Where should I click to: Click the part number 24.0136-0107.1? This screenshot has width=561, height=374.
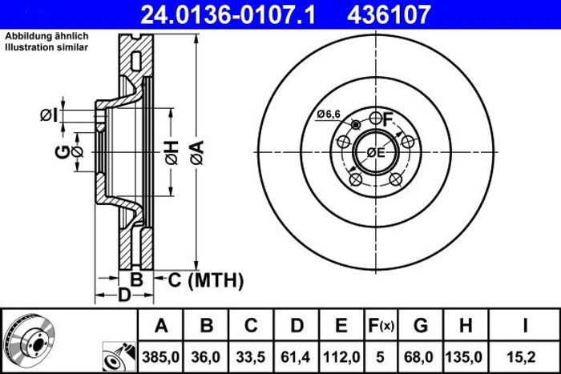[228, 15]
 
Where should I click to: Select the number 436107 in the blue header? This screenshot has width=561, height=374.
[389, 15]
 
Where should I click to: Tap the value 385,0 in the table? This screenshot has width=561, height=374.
[160, 357]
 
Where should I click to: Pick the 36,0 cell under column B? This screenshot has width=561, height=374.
[206, 357]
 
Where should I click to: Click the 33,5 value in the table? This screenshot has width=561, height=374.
[251, 357]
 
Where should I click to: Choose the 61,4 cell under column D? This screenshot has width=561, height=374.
[296, 357]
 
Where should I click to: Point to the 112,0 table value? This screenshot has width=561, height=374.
[341, 357]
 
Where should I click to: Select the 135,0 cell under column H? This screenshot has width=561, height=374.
[464, 357]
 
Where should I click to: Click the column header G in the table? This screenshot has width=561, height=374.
[421, 326]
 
